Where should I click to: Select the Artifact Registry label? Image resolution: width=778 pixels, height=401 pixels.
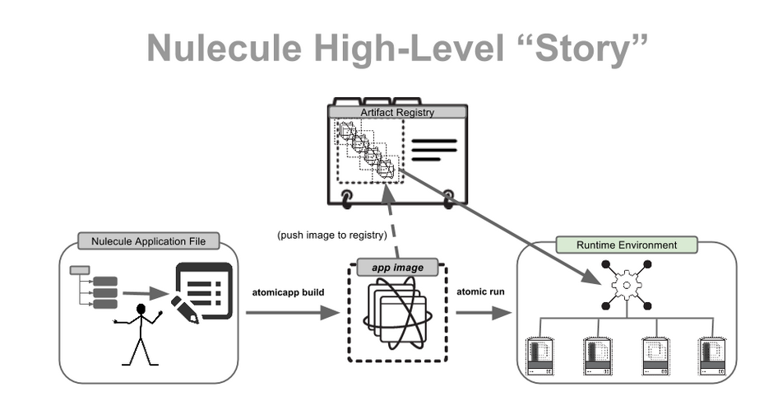tap(397, 112)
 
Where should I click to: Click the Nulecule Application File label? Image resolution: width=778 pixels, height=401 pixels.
tap(149, 241)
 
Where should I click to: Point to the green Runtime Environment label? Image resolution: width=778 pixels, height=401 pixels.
tap(626, 245)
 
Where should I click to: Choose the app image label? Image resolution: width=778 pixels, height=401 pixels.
tap(396, 268)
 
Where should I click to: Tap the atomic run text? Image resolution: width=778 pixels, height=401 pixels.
tap(480, 292)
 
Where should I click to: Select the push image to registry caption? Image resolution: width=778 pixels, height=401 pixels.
tap(332, 235)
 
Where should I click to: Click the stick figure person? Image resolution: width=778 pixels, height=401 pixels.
tap(141, 333)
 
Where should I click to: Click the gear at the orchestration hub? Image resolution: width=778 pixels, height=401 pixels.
tap(627, 286)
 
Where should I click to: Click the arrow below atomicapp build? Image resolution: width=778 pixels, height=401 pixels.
tap(292, 312)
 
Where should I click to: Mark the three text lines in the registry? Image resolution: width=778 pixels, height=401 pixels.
tap(433, 151)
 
